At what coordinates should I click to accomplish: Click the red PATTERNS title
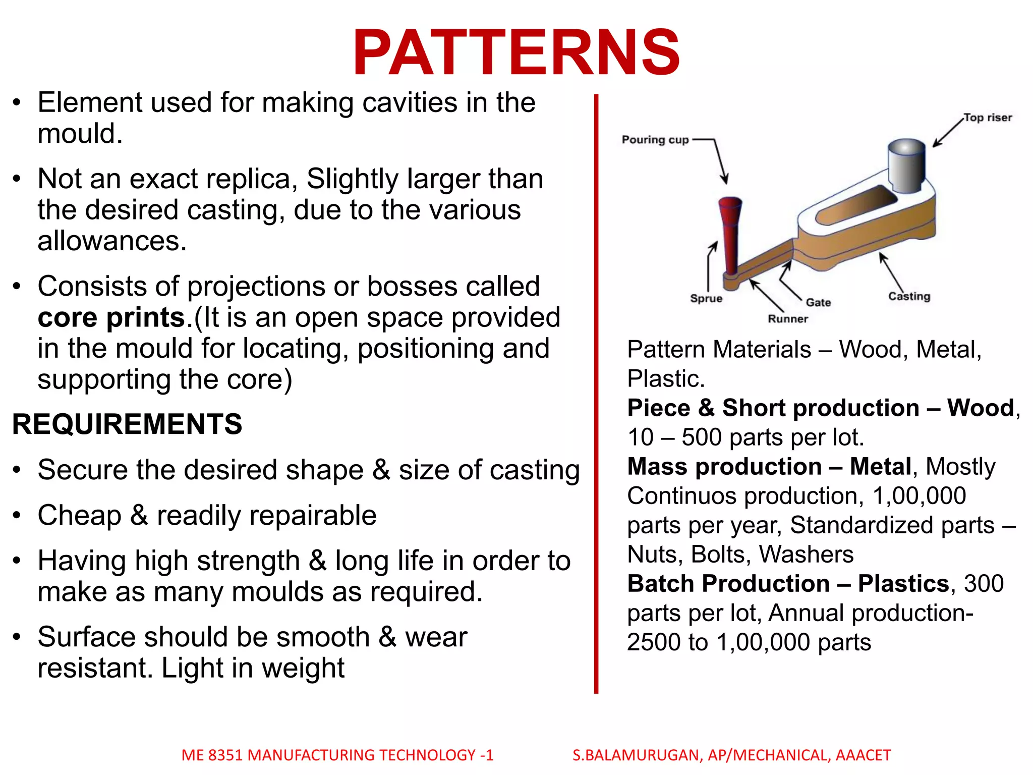(x=516, y=53)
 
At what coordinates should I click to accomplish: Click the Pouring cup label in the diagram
(x=655, y=140)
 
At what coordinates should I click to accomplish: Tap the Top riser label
(x=987, y=118)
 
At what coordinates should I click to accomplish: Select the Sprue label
(x=706, y=298)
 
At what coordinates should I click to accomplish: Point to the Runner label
(x=787, y=319)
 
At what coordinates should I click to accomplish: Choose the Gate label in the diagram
(x=818, y=302)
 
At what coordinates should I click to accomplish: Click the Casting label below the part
(x=909, y=296)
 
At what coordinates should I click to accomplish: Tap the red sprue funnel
(x=729, y=232)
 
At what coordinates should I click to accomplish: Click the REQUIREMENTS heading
(x=127, y=424)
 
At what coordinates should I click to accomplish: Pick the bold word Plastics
(x=903, y=584)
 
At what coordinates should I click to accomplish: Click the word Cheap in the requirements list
(x=79, y=516)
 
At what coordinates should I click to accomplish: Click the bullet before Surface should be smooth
(x=17, y=637)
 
